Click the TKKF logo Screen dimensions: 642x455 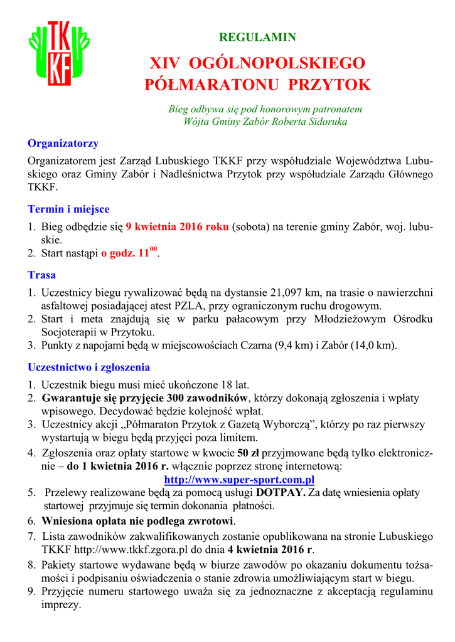59,54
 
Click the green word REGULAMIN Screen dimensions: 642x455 257,37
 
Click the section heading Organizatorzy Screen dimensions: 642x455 63,144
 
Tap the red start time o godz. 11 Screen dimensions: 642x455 129,255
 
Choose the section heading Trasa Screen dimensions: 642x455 41,275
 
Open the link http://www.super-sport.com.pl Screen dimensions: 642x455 238,480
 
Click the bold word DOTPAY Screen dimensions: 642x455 281,492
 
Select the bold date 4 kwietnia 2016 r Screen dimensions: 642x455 270,550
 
